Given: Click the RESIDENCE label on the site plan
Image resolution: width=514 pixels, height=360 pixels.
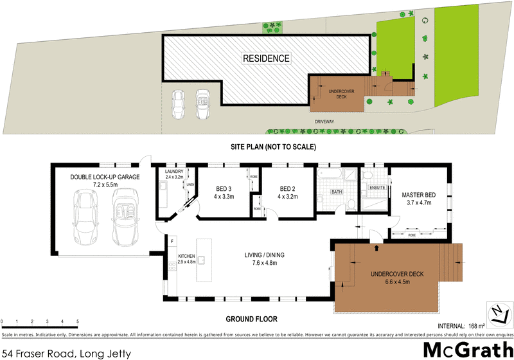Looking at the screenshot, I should coord(266,59).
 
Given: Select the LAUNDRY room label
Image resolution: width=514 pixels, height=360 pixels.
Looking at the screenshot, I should coord(174,172).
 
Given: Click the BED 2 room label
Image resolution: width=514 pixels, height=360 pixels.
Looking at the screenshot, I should coord(287,188).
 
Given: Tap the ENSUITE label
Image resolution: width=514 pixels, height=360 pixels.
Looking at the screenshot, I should coord(377,188).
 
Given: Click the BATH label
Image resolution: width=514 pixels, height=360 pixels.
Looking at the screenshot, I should coord(337,192).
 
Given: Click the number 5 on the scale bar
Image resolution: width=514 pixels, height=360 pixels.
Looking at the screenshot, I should coord(78,321).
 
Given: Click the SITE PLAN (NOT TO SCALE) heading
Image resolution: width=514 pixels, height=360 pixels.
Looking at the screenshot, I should coord(273,147).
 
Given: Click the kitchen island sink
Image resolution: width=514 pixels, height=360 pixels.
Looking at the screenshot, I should coord(200,260).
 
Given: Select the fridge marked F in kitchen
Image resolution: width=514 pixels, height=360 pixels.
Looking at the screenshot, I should coord(173,242).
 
